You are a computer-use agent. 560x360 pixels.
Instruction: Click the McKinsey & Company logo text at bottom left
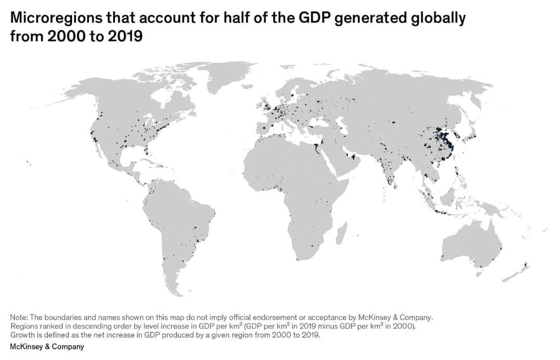pyautogui.click(x=47, y=347)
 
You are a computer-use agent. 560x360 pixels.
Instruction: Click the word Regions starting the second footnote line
pyautogui.click(x=23, y=326)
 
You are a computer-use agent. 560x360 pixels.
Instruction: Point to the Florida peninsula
pyautogui.click(x=147, y=150)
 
